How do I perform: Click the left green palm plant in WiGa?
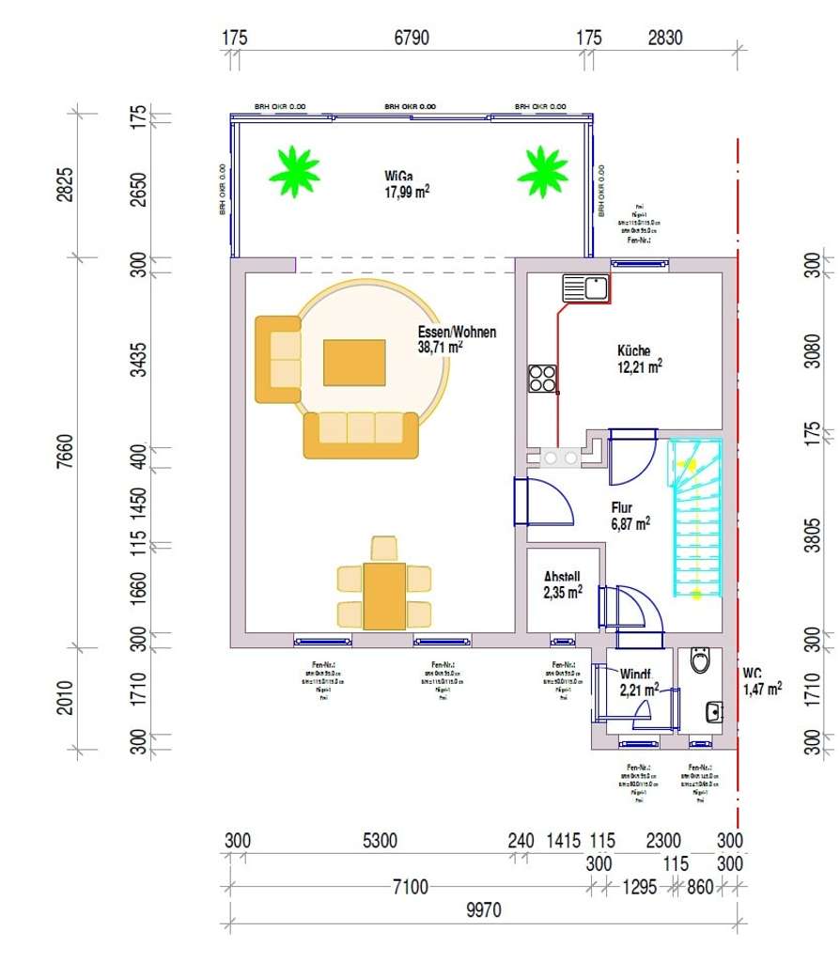[294, 171]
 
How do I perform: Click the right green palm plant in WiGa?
[542, 171]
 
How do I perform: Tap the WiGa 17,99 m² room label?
[406, 183]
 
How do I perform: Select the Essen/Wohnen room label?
[457, 339]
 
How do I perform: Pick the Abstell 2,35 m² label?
[563, 584]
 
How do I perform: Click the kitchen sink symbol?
[585, 287]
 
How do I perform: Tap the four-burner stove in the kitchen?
[542, 378]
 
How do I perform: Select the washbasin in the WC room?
[713, 711]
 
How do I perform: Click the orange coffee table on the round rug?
[354, 363]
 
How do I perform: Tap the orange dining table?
[384, 596]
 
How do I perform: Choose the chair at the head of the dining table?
[384, 548]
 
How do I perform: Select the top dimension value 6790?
[412, 38]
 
